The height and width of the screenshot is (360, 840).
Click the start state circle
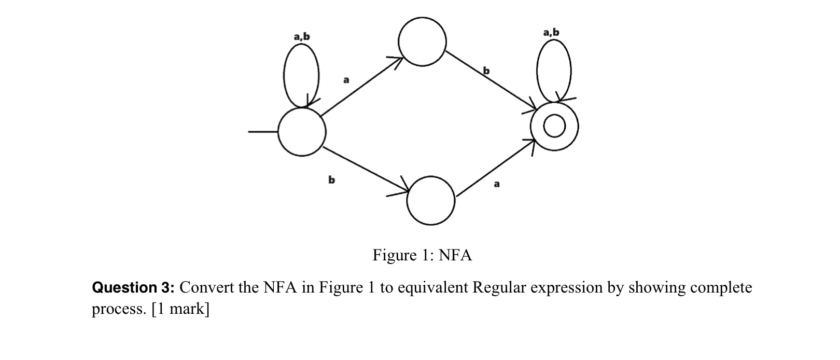click(302, 132)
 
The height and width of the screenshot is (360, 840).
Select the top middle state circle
click(422, 41)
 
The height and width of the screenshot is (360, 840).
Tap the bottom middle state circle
click(431, 201)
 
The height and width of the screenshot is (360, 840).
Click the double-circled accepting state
click(554, 126)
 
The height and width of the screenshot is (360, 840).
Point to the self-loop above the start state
click(301, 73)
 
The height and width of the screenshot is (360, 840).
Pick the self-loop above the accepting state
click(554, 70)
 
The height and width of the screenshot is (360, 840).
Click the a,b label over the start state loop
click(301, 36)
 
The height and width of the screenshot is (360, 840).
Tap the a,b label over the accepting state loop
click(551, 33)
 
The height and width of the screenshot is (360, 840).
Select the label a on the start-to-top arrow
click(346, 80)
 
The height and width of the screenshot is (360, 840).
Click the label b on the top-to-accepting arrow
click(486, 70)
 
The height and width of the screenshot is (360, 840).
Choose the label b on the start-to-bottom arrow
click(331, 179)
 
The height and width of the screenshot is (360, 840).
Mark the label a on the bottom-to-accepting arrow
click(496, 184)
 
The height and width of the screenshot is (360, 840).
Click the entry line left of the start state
click(262, 132)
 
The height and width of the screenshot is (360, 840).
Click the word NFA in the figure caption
click(455, 255)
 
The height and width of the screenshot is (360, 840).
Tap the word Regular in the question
click(498, 287)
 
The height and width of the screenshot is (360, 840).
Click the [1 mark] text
click(180, 309)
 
